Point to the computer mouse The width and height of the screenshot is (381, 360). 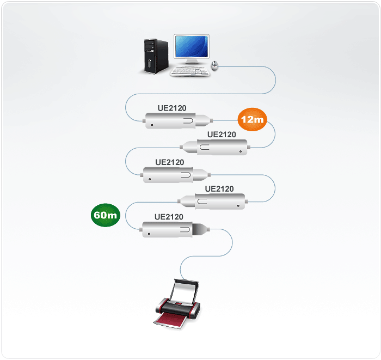[215, 66]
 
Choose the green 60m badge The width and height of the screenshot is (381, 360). [105, 215]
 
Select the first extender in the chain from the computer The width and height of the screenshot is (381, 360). [175, 120]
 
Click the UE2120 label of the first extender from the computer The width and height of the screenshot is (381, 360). [171, 108]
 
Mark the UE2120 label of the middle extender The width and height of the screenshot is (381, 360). [170, 162]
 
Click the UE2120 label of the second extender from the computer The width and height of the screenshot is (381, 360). [222, 135]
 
